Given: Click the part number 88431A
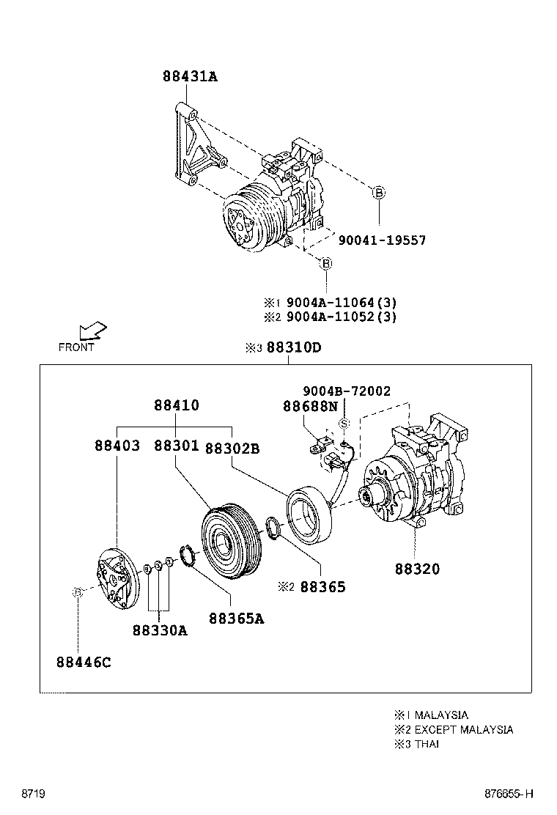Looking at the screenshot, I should (190, 76).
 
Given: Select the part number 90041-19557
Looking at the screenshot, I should (381, 240).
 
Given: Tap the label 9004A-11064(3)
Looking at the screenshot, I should (342, 302).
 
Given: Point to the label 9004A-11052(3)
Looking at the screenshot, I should (342, 317).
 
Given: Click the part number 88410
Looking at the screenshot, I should (176, 405).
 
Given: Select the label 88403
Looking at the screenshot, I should (117, 446).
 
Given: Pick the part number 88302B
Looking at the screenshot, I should (232, 448).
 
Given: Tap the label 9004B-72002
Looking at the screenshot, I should (347, 391).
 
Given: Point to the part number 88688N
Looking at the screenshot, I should (311, 405).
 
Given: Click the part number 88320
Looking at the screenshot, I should (417, 568).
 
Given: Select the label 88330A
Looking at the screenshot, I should (160, 630).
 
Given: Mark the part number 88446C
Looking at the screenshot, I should (83, 663).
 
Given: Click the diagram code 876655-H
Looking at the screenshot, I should (508, 794).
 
